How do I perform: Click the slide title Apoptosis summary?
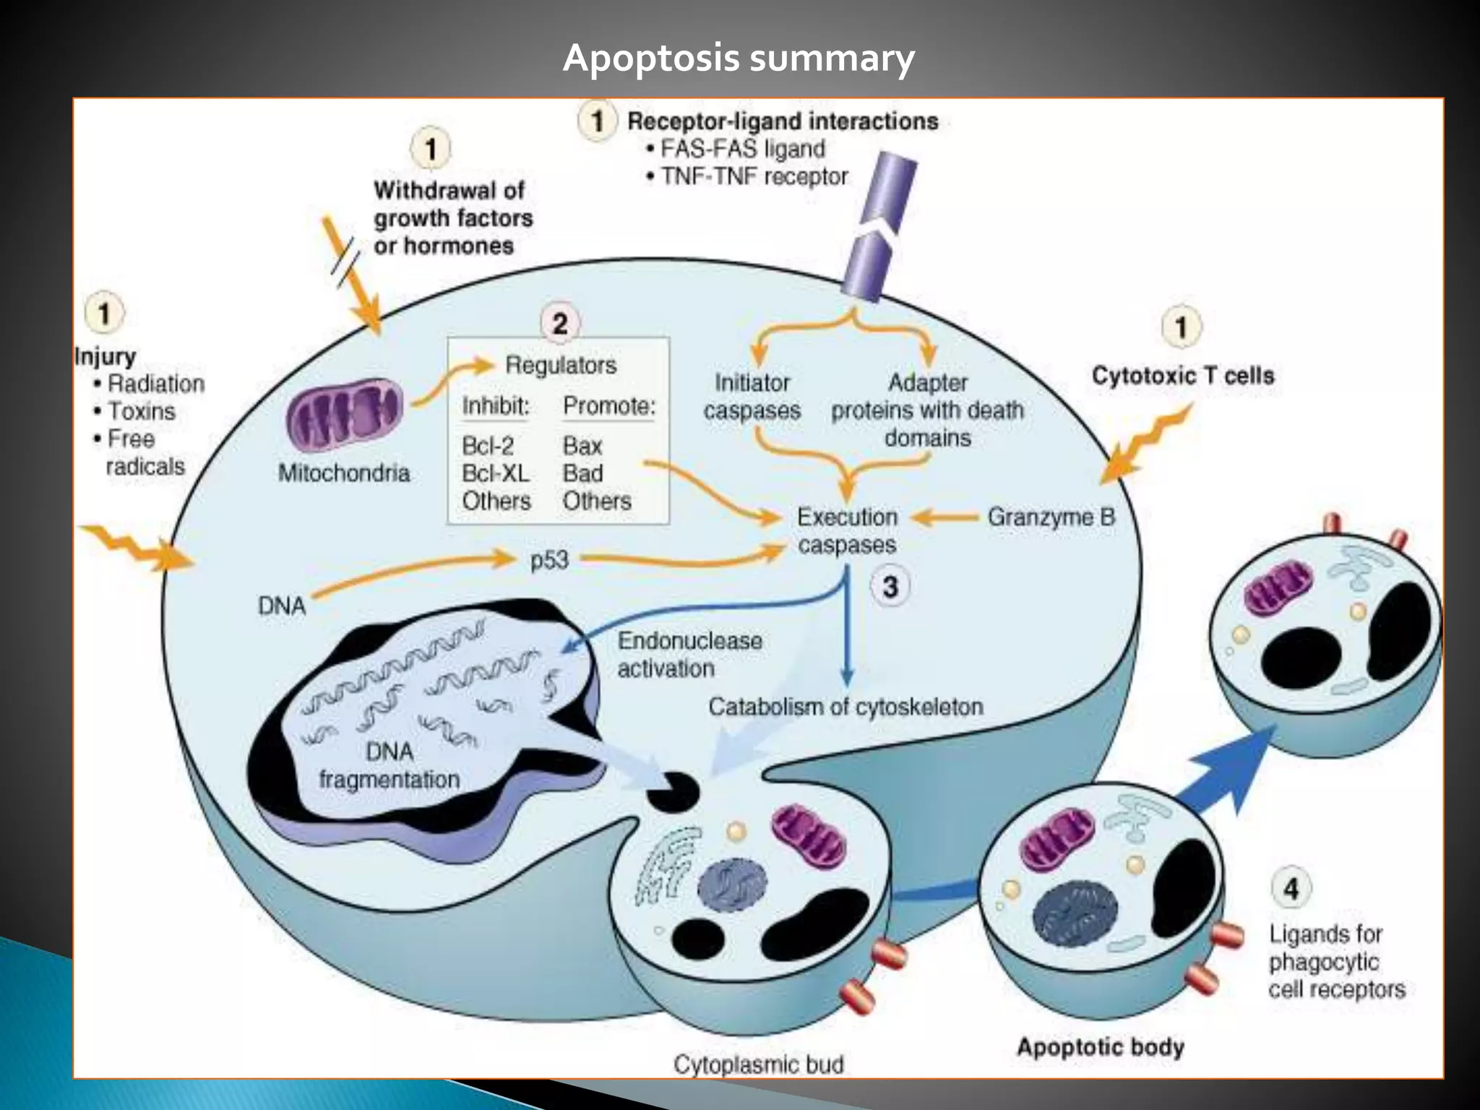tap(739, 58)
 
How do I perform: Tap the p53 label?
tap(549, 560)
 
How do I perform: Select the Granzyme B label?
tap(1051, 517)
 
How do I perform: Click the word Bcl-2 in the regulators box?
tap(488, 445)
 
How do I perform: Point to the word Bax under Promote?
tap(582, 446)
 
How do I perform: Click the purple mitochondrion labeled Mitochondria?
tap(345, 415)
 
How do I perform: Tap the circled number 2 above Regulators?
tap(560, 323)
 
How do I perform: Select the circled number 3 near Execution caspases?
tap(890, 587)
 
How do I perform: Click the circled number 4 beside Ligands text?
tap(1291, 888)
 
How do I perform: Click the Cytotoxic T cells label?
tap(1182, 376)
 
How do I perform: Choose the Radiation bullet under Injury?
tap(155, 384)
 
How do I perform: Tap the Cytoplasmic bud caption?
tap(758, 1064)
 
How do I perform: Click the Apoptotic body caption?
tap(1100, 1047)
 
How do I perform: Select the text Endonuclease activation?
tap(689, 655)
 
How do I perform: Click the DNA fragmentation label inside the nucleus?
tap(390, 766)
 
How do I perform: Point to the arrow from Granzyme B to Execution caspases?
tap(945, 517)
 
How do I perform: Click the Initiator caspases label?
tap(752, 396)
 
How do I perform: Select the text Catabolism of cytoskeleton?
tap(845, 707)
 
